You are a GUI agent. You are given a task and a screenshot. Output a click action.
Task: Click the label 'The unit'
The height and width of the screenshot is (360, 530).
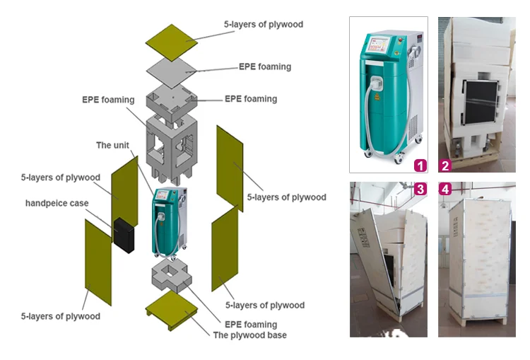click(x=112, y=145)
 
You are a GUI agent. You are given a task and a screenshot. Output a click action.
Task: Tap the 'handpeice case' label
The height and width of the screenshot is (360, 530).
click(x=57, y=203)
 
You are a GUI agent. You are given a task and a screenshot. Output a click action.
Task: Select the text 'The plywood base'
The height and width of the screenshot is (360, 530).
click(x=249, y=335)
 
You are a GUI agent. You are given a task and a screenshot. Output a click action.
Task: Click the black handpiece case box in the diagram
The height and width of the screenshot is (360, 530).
click(x=124, y=235)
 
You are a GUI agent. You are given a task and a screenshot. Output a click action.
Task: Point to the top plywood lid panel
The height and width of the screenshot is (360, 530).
click(x=172, y=42)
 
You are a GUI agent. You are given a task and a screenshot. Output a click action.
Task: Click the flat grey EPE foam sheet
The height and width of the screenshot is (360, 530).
click(x=172, y=73)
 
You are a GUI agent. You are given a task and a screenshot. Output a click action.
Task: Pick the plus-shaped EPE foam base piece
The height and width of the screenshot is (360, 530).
click(x=172, y=275)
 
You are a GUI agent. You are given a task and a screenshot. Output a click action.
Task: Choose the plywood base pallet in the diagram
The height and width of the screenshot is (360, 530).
click(x=172, y=310)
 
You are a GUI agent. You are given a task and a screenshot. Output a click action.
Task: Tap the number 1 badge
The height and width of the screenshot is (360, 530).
click(x=420, y=166)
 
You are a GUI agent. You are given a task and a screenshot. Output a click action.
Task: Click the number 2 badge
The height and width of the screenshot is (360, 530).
click(x=444, y=166)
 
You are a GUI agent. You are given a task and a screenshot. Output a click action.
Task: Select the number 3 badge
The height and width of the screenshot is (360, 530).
click(x=420, y=189)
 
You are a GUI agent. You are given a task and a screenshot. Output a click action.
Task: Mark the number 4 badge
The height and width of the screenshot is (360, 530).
click(x=444, y=189)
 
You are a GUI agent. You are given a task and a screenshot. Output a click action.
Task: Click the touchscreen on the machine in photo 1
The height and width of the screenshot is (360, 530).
click(x=379, y=45)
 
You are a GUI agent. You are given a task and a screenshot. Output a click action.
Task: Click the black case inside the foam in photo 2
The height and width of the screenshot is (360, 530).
click(x=481, y=102)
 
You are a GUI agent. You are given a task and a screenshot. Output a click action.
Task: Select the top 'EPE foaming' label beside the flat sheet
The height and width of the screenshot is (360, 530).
click(x=265, y=66)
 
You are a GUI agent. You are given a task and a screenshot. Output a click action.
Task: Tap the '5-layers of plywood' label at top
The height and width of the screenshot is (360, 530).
click(x=264, y=24)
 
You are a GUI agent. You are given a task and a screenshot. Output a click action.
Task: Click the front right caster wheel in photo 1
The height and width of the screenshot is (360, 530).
click(x=399, y=158)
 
